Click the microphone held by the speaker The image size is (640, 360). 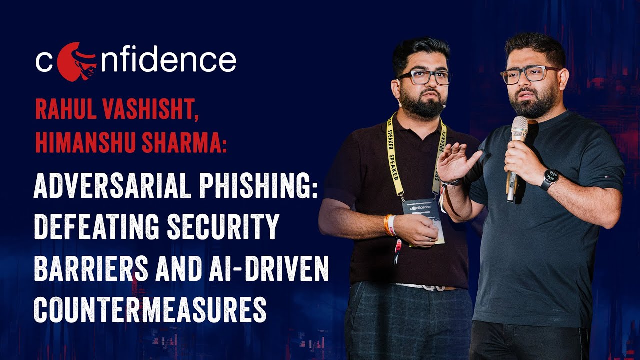point(518,150)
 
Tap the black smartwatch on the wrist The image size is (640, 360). point(550,179)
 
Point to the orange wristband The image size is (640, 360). point(389,225)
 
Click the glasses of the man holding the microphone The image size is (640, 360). point(530,74)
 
